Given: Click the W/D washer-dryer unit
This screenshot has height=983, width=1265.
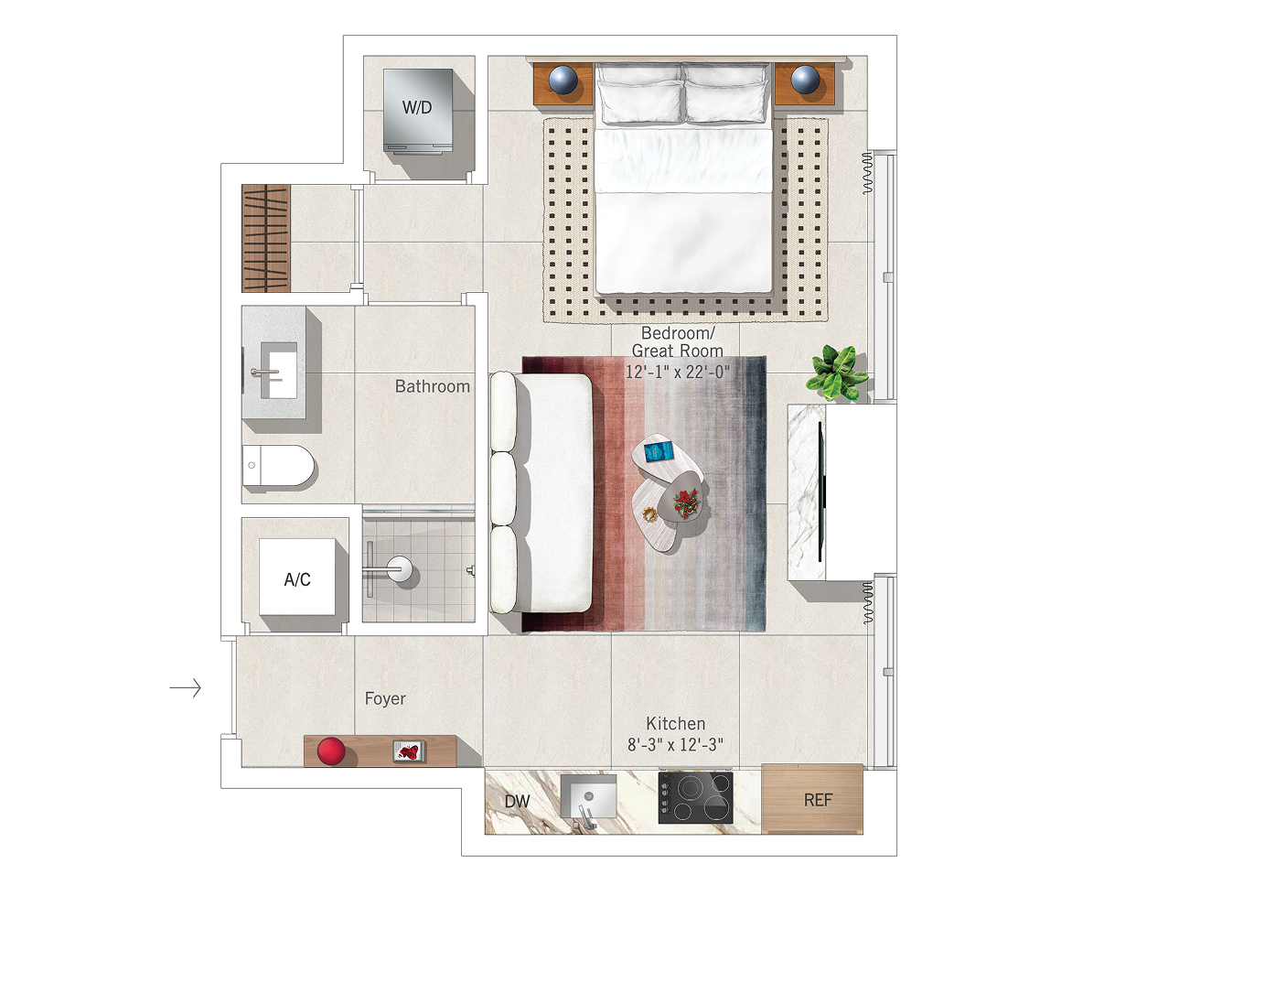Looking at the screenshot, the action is (x=417, y=111).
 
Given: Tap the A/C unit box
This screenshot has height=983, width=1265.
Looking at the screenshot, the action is (x=297, y=577).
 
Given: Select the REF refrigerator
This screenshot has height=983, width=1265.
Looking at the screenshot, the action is (x=812, y=798).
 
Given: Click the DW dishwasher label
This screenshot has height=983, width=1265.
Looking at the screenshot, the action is (x=517, y=801).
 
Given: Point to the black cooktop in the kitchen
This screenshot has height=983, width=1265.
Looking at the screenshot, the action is (x=696, y=797).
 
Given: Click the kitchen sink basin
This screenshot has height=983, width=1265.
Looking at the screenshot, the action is (x=588, y=795).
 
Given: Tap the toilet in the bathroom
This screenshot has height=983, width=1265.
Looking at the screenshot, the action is (x=278, y=465).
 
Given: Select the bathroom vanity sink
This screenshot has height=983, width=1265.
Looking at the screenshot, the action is (x=278, y=370).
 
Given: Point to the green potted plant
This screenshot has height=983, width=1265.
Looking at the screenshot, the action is (x=837, y=373).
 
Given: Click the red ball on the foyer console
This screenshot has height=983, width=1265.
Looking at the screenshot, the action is (x=331, y=751).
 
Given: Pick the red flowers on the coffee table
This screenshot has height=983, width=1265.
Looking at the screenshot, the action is (x=686, y=503).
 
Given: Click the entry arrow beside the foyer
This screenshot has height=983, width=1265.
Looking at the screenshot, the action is (x=185, y=687).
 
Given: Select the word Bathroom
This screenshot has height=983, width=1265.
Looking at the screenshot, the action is (x=432, y=386).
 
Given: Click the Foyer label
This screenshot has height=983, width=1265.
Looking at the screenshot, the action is (x=385, y=698).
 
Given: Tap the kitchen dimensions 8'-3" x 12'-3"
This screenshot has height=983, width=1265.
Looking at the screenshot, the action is (x=675, y=744).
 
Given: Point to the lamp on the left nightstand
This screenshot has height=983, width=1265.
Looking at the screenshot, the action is (x=563, y=80).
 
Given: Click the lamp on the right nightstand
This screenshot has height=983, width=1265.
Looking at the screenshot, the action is (x=805, y=80).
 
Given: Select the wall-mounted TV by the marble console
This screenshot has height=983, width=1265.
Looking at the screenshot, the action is (x=820, y=492).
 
